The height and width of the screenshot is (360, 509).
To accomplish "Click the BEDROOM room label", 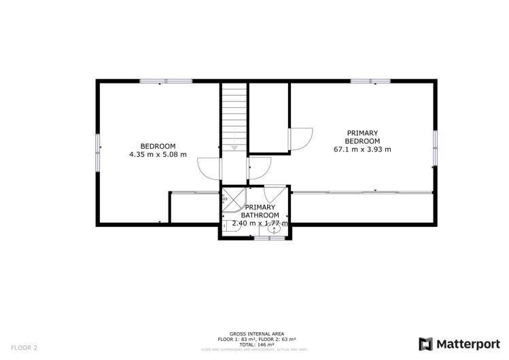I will click(158, 146).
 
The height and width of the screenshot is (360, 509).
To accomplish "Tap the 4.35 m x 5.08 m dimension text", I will click(158, 154).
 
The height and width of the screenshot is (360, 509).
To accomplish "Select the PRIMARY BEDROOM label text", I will click(362, 137).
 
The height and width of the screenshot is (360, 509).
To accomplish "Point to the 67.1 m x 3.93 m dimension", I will click(362, 149).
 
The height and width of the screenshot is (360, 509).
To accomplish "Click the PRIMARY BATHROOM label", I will click(260, 211).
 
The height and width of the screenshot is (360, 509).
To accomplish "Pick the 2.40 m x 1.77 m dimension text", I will click(260, 223).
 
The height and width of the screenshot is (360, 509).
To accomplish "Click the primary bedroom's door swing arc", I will click(300, 139).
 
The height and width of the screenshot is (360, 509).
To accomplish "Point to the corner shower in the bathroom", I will click(233, 198).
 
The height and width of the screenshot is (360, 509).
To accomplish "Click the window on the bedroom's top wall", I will click(166, 82).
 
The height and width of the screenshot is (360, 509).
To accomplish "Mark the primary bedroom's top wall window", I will click(370, 82).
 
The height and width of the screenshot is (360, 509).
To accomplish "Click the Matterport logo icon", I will click(425, 344).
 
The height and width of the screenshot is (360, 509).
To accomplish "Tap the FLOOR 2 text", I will click(24, 347).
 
